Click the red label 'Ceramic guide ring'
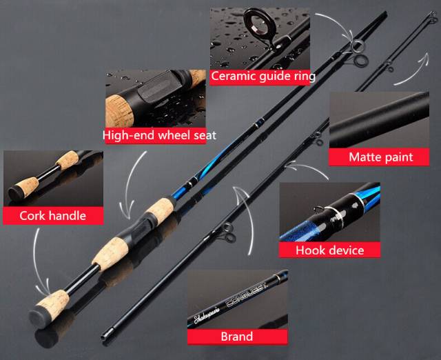coord(263,76)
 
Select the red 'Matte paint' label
coord(380,157)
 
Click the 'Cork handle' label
coord(52,215)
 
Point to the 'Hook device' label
coord(329,250)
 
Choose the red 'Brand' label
coord(236,337)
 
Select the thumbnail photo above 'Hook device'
coord(329,211)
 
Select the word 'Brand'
coord(236,337)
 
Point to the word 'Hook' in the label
coord(310,250)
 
